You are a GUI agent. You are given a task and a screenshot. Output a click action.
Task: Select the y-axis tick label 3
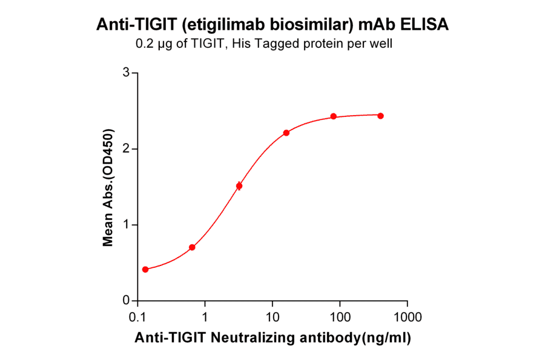(126, 73)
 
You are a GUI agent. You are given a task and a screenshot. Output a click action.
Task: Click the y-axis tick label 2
(126, 148)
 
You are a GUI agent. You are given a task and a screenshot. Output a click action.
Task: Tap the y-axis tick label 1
(126, 225)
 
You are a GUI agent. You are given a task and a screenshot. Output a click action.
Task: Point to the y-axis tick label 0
(126, 301)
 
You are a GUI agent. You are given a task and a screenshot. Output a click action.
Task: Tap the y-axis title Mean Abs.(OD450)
(108, 187)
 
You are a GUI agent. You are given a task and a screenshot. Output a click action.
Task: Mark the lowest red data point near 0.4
(145, 269)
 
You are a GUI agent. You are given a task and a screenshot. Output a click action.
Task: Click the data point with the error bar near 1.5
(239, 186)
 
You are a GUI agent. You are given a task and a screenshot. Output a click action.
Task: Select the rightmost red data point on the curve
(380, 116)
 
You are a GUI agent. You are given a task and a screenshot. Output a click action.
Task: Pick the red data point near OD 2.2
(286, 133)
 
